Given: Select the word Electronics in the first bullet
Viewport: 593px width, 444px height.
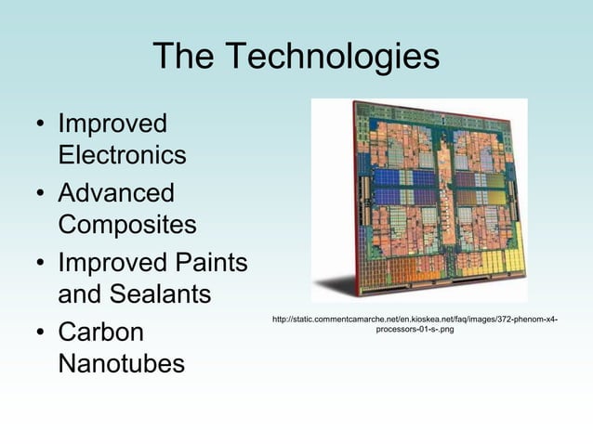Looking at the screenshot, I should [x=122, y=154].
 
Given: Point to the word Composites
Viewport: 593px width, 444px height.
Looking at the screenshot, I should [x=127, y=225].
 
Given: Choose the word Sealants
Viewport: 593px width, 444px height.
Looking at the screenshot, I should [x=164, y=294].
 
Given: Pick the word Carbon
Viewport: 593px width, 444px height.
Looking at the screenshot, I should [x=100, y=333].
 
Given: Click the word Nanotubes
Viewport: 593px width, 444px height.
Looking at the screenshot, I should [x=121, y=364].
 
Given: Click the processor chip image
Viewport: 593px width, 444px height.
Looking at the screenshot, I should [x=419, y=200].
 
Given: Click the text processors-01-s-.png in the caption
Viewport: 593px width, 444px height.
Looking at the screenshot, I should [x=415, y=331].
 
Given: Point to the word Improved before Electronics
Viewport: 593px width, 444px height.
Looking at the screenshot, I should [x=112, y=124].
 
